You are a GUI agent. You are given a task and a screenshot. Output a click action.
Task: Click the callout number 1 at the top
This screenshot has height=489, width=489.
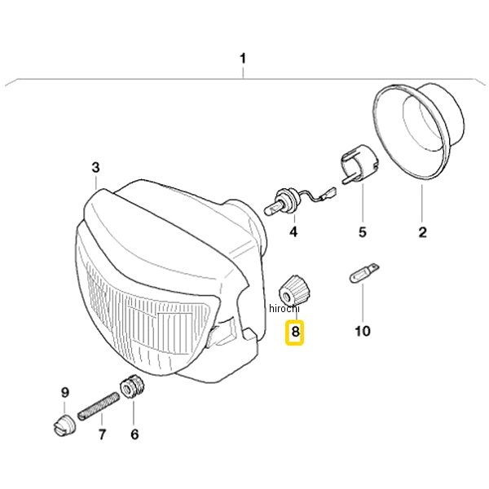click(243, 59)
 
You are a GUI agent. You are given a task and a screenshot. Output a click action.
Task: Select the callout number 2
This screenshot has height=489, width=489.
click(422, 232)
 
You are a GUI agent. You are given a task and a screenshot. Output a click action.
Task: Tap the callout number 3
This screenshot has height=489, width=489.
click(95, 168)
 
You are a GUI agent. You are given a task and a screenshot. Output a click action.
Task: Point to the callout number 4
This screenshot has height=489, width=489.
click(293, 232)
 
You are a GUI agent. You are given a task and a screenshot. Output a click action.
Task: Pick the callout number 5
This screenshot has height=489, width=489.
click(363, 232)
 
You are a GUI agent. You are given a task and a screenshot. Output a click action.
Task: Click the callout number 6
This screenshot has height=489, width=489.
click(134, 434)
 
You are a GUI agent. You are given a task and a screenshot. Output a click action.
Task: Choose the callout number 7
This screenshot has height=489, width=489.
click(103, 434)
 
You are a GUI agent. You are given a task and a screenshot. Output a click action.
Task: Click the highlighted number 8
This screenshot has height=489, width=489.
click(295, 331)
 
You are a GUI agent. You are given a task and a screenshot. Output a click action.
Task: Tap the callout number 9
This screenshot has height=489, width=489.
click(65, 392)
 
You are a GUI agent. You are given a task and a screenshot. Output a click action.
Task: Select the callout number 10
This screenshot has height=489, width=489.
click(363, 331)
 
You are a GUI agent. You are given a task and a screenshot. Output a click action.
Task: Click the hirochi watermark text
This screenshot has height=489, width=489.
click(284, 308)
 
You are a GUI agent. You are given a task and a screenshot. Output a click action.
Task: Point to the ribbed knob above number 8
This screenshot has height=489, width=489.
click(293, 290)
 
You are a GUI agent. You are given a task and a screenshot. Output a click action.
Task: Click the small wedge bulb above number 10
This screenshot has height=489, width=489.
click(364, 273)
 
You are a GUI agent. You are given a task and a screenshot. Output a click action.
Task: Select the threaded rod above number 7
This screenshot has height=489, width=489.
click(99, 407)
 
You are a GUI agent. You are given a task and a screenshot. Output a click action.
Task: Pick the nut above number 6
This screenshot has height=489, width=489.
click(132, 387)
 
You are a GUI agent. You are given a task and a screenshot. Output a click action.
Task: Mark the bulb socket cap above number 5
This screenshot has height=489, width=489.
click(359, 164)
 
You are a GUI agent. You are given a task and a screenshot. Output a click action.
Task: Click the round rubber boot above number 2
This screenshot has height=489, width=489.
click(418, 131)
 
